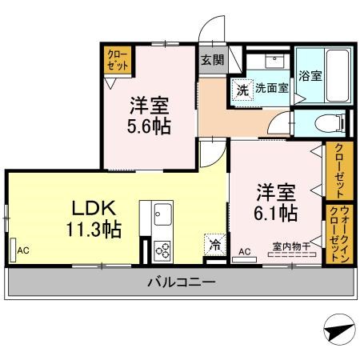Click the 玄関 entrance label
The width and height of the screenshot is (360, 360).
pos(212,60)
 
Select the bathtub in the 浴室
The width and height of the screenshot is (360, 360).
pos(337,75)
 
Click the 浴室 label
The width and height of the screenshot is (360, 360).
pos(310,76)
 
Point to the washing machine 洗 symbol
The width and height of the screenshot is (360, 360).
pos(242,90)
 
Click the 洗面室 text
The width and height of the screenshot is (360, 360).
pos(272,88)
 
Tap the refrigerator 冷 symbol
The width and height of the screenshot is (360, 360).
pos(214,245)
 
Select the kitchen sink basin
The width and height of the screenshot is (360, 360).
pos(162,214)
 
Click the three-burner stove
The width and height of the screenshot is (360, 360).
pos(162,251)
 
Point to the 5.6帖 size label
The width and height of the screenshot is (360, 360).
pos(149,126)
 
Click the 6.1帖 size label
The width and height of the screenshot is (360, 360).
pos(275,214)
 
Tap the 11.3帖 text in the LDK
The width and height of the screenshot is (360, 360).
pos(94,230)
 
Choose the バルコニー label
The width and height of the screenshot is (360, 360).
pos(181,282)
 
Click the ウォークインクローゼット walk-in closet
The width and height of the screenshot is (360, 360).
pos(339,234)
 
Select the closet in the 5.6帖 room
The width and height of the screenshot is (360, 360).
pos(118,60)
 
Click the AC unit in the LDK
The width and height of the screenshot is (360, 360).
pos(13,250)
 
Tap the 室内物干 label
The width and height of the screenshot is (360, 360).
pos(291,246)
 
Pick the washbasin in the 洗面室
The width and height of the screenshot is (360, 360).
pos(274,62)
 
